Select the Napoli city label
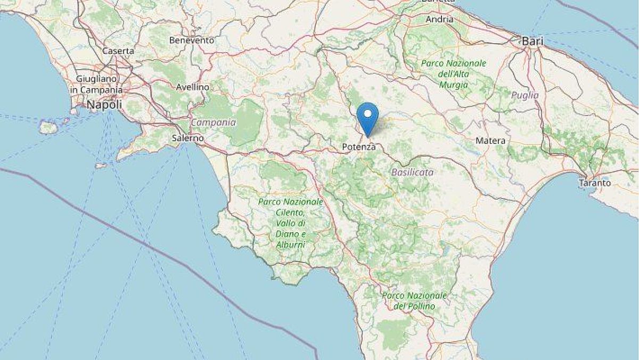(x=104, y=105)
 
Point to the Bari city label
(x=532, y=41)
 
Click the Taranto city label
(x=595, y=183)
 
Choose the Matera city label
(x=490, y=141)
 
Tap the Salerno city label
(x=188, y=138)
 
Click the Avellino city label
(x=193, y=86)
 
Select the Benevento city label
(x=192, y=40)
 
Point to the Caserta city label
(x=118, y=51)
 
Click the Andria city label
(x=440, y=20)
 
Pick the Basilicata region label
(x=412, y=172)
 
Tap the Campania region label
(x=213, y=122)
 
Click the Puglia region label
(x=525, y=95)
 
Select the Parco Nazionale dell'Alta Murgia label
(x=454, y=73)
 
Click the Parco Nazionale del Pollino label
(x=415, y=300)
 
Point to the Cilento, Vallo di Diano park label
(x=291, y=223)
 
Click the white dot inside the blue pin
(x=367, y=112)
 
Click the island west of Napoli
(x=48, y=127)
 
